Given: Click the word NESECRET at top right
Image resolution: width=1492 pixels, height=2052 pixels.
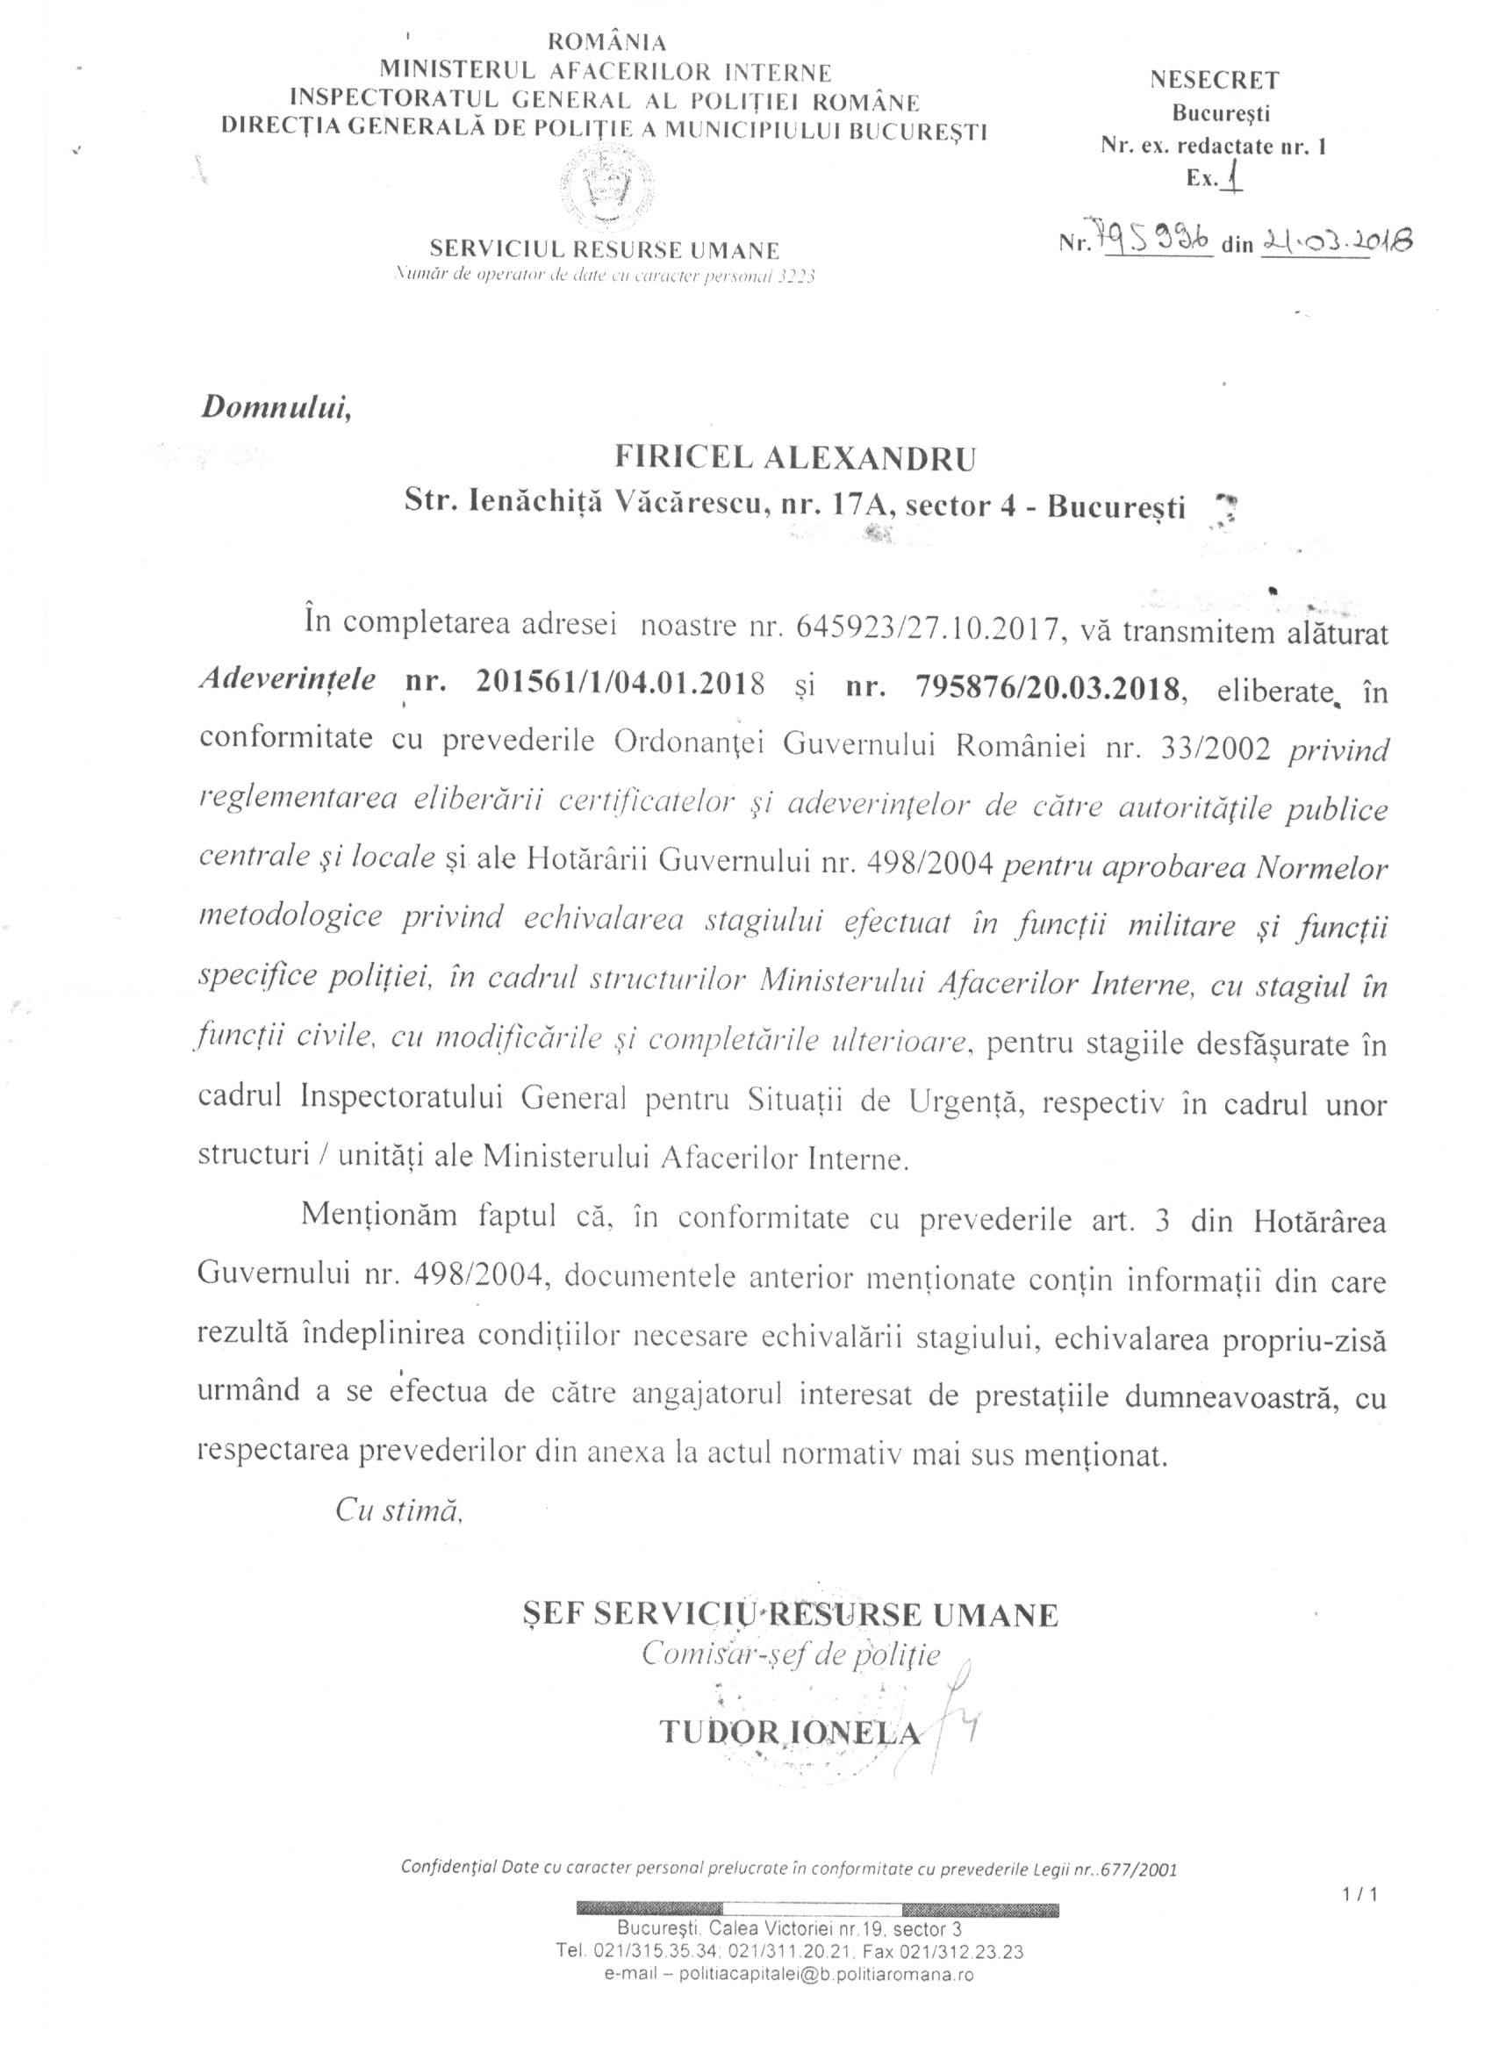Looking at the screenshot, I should point(1215,80).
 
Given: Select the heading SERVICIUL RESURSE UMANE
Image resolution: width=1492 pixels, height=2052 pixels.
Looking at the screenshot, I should point(605,250).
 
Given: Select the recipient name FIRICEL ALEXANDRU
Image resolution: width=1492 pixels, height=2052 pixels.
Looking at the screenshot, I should point(795,459).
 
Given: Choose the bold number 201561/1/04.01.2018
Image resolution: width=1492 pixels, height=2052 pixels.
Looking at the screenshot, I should point(620,682).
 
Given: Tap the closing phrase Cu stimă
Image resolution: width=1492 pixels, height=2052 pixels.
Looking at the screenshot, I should point(399,1510).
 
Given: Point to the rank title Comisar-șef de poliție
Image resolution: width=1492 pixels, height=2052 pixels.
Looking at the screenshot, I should point(791,1654).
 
